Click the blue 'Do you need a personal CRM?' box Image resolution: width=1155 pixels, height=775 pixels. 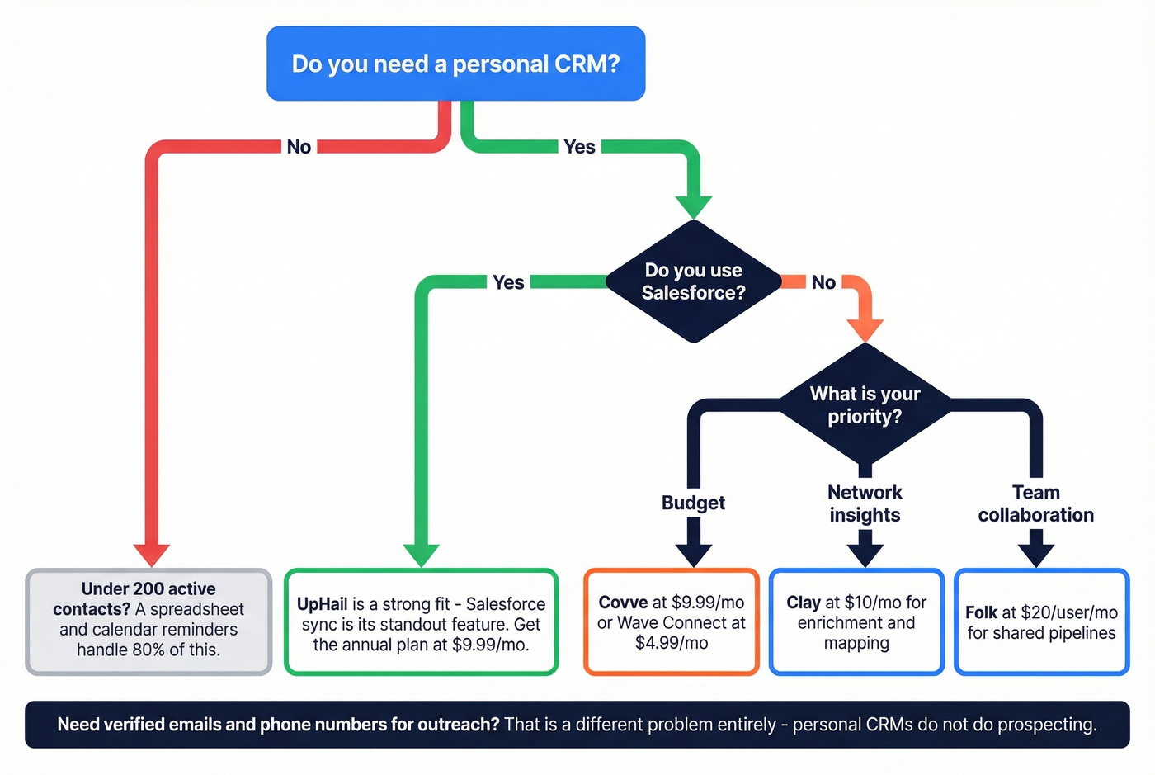coord(455,64)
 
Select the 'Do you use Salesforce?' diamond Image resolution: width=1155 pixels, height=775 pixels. coord(693,281)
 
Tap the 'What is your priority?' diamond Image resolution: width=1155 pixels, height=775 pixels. coord(865,404)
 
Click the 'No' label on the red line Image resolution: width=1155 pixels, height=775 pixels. coord(299,147)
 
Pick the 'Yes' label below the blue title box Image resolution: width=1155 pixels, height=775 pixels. coord(579,147)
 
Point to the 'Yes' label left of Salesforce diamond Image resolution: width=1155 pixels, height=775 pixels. coord(508,282)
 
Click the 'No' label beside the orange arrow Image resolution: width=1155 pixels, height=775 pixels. coord(823,282)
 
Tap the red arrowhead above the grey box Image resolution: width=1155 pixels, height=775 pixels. coord(152,554)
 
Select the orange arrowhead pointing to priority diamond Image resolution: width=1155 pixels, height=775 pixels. coord(865,329)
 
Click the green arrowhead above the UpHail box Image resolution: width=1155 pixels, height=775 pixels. coord(421,554)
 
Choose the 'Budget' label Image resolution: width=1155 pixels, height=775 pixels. coord(693,503)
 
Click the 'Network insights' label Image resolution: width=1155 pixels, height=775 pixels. coord(865,503)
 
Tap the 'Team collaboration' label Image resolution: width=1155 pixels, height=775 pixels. coord(1036,503)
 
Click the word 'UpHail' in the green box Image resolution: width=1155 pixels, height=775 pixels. coord(322,604)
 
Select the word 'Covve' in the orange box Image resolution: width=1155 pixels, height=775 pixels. coord(623,603)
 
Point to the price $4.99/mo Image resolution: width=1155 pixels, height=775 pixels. coord(672,643)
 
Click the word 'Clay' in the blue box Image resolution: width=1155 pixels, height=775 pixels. coord(803,603)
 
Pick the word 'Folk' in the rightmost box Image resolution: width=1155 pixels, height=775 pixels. coord(981,612)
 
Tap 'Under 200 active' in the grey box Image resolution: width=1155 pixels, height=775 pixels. coord(148,588)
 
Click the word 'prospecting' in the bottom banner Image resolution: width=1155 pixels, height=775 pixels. coord(1044,725)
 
